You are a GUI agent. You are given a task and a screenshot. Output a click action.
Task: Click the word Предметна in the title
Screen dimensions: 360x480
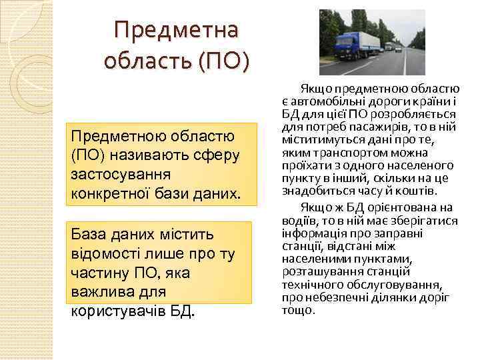tap(177, 30)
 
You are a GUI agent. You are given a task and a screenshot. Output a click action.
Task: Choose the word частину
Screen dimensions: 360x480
tap(97, 274)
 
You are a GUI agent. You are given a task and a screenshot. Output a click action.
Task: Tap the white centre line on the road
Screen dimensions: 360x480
tap(405, 63)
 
